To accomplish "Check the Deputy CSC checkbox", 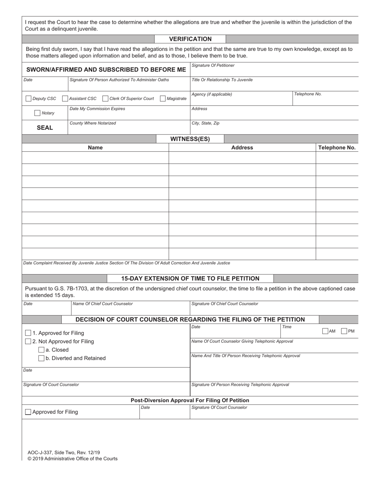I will click(x=28, y=99).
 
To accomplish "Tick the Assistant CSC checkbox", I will click(x=65, y=99).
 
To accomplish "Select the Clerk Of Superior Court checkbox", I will click(x=105, y=99).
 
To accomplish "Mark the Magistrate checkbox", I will click(x=163, y=99).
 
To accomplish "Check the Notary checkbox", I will click(x=37, y=113).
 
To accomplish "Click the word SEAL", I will click(x=45, y=128).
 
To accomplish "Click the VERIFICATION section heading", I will click(x=190, y=39).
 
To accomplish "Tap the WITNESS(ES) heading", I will click(x=190, y=139).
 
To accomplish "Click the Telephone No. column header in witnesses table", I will click(x=337, y=148).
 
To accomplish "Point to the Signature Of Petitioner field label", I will click(x=213, y=65).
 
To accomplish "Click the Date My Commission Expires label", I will click(x=97, y=109).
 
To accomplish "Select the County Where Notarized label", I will click(x=92, y=123).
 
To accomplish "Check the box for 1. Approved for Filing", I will click(x=28, y=333).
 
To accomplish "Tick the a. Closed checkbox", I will click(x=41, y=350).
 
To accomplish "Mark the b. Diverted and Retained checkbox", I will click(x=41, y=358).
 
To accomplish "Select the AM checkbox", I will click(x=325, y=331).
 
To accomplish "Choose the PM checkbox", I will click(x=344, y=331).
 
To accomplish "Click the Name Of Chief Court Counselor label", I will click(x=103, y=304).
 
